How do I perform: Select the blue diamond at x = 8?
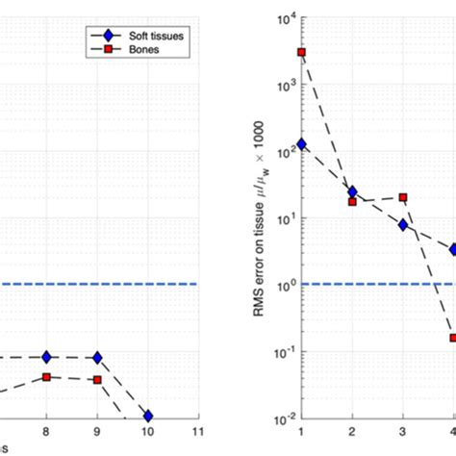point(46,357)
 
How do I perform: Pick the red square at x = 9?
point(97,380)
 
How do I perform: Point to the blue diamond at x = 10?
point(147,416)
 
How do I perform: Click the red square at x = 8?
point(46,377)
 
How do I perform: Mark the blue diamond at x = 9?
point(97,358)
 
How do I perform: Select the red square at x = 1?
point(301,52)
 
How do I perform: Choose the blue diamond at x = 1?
point(301,144)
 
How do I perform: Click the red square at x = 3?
point(403,197)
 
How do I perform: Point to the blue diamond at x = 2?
point(352,192)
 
